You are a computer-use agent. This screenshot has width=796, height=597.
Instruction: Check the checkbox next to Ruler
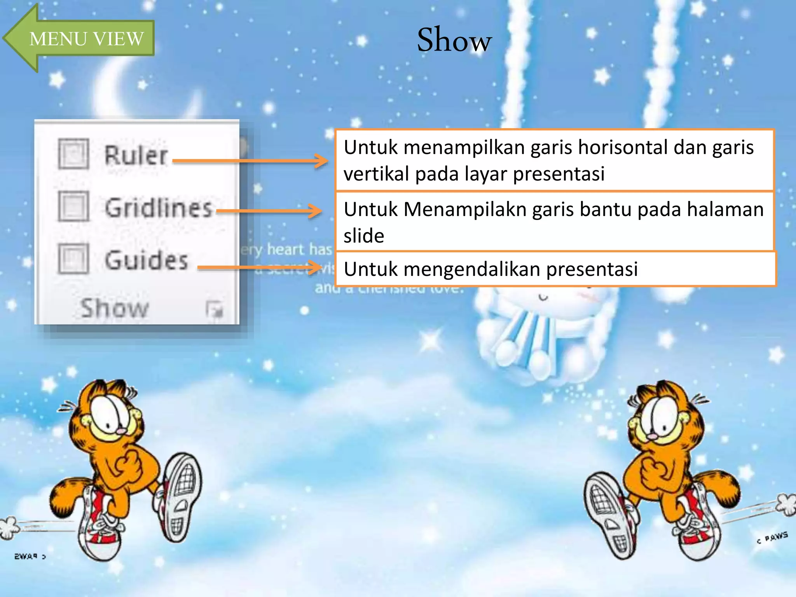[73, 154]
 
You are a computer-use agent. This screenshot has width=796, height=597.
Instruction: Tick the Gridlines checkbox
[73, 206]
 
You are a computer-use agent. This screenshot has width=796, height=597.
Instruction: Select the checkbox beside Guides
[73, 258]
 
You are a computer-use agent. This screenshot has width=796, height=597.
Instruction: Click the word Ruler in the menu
[136, 155]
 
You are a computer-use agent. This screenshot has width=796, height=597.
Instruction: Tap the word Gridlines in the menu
[159, 208]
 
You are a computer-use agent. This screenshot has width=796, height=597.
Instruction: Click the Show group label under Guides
[115, 308]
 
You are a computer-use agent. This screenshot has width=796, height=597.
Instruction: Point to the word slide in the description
[364, 236]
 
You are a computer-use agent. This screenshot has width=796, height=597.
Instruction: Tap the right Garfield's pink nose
[653, 436]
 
